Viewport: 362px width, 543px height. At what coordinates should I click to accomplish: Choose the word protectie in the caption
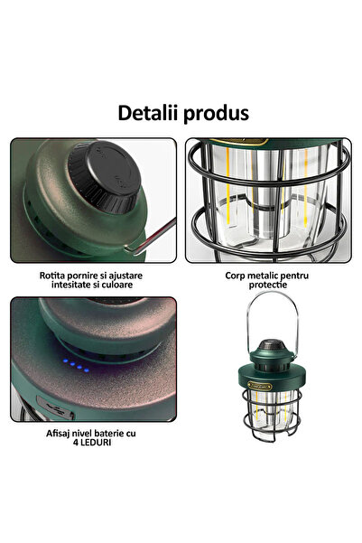(270, 285)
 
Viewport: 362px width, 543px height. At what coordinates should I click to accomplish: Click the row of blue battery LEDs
(76, 369)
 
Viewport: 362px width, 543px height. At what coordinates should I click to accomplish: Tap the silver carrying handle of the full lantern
(273, 312)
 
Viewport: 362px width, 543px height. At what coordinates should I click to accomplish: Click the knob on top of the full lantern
(273, 346)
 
